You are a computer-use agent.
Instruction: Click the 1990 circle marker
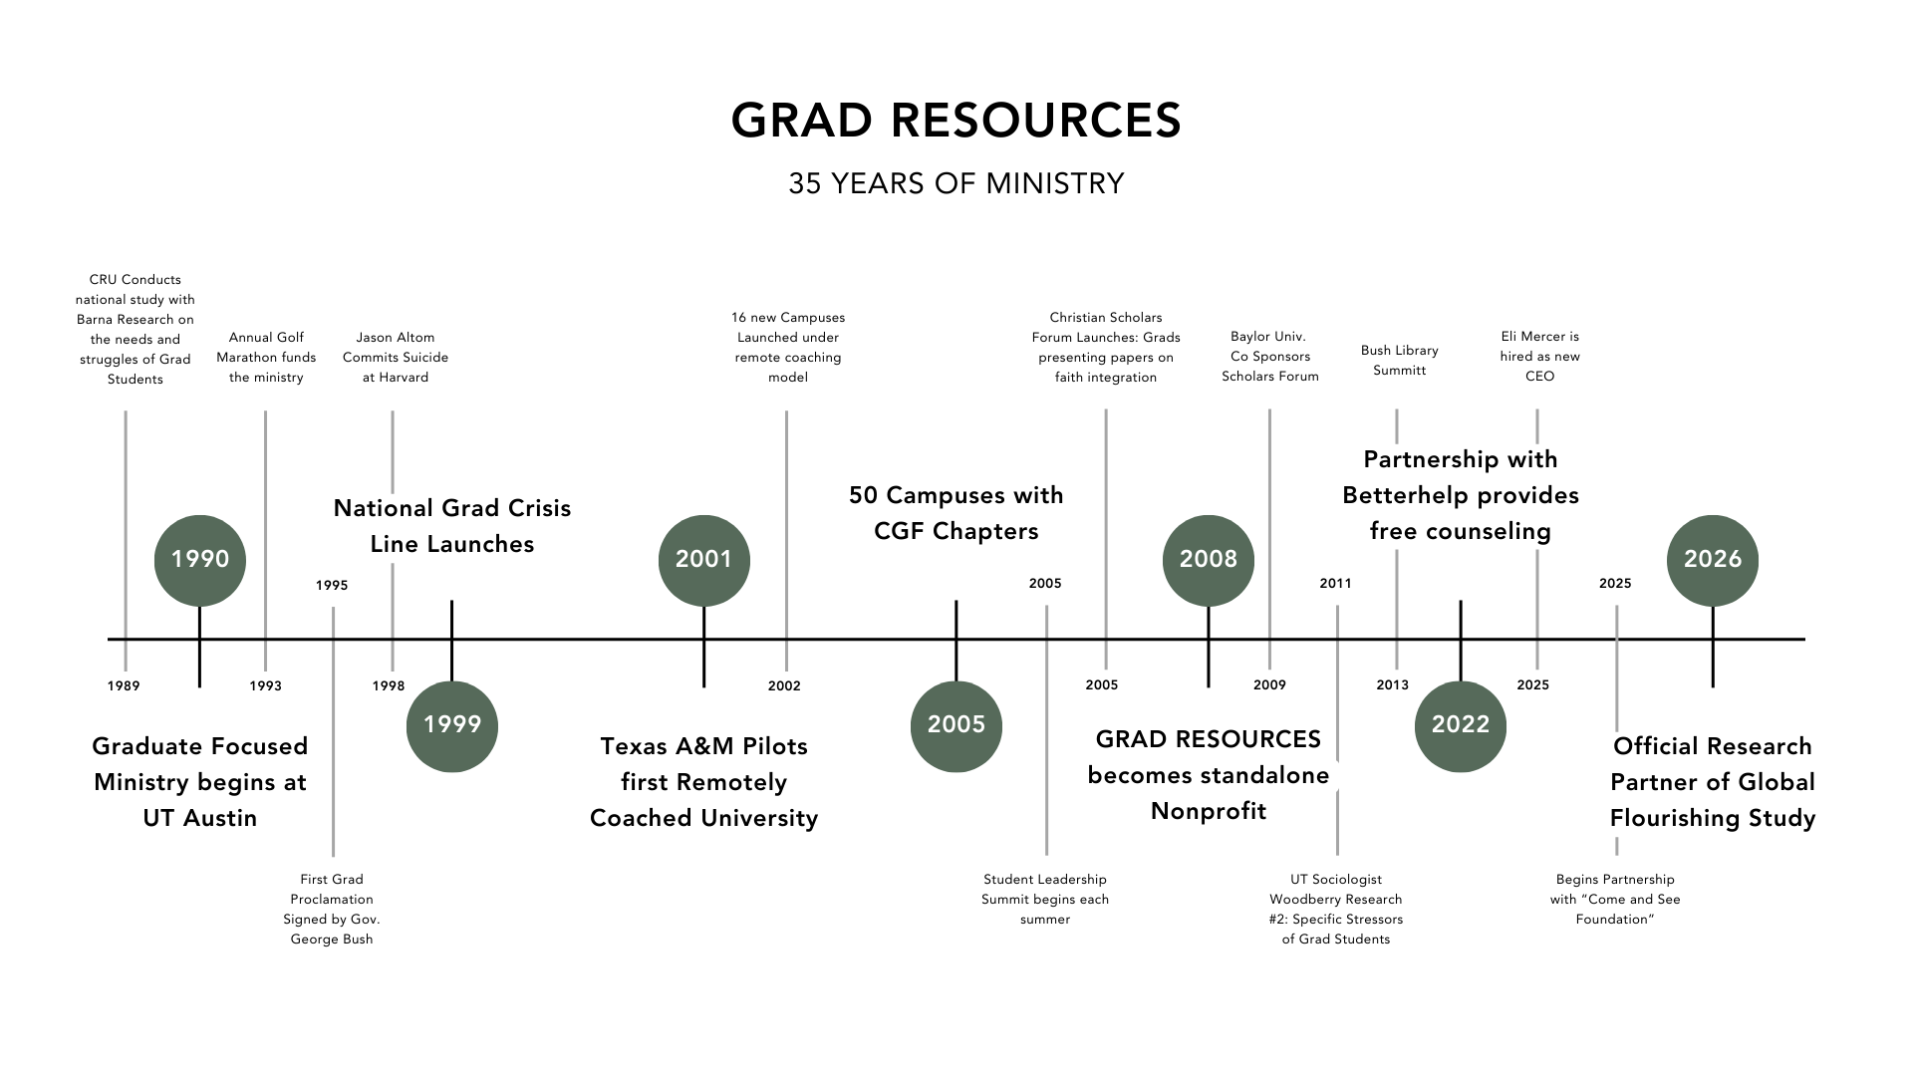point(199,560)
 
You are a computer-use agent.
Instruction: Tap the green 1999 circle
point(451,725)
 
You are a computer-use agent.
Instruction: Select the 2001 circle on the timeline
point(703,560)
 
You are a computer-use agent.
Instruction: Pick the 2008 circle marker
point(1208,560)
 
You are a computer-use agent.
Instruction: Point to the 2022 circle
point(1460,725)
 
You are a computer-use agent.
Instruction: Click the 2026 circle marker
point(1712,560)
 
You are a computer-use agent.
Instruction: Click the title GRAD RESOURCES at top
point(956,121)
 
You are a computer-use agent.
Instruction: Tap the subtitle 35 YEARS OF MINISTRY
point(956,183)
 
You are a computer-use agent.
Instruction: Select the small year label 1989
point(124,685)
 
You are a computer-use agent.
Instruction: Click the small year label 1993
point(265,685)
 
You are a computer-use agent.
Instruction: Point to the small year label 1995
point(332,585)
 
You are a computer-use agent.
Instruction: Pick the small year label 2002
point(784,685)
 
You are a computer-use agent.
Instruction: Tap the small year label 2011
point(1335,583)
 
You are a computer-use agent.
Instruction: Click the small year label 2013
point(1392,684)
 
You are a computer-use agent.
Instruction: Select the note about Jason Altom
point(396,358)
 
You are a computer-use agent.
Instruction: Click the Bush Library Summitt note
point(1399,361)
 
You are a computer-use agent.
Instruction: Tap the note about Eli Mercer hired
point(1539,357)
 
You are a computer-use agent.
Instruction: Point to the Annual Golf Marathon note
point(266,358)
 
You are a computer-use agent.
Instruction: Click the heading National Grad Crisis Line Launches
point(452,526)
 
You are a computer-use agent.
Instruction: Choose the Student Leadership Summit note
point(1044,899)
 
